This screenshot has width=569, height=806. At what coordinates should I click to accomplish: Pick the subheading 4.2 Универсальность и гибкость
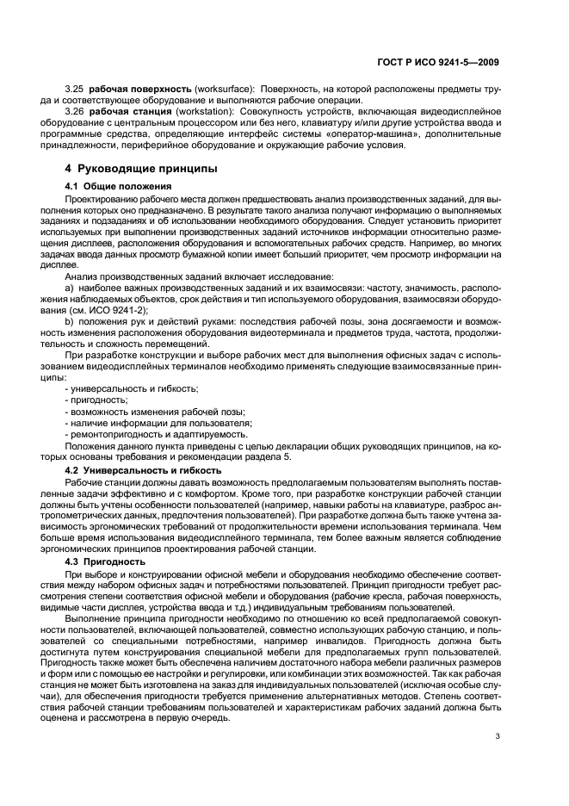coord(143,470)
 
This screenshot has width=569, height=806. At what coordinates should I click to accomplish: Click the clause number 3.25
coord(76,90)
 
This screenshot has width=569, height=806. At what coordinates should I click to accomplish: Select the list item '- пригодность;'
coord(96,400)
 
